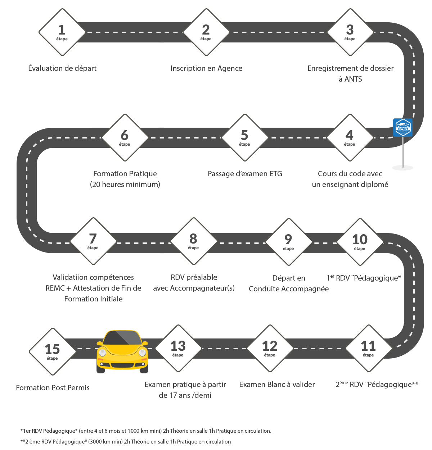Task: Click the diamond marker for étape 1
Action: (62, 32)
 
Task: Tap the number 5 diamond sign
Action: (244, 137)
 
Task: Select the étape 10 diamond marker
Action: (360, 241)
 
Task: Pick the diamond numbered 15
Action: (52, 351)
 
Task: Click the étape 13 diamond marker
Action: (178, 348)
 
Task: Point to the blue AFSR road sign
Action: (402, 127)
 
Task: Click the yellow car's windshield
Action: (122, 338)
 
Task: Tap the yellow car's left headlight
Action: (102, 353)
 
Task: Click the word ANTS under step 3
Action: (353, 79)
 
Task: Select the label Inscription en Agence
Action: (206, 68)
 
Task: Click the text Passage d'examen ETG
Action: (245, 174)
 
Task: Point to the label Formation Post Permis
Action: (53, 388)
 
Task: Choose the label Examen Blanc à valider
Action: (277, 385)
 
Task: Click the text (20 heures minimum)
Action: (125, 185)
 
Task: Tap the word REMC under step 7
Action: (55, 288)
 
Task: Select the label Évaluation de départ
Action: (62, 68)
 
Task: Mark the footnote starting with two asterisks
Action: (126, 441)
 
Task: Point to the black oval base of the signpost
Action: (402, 168)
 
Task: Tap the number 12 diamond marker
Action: (270, 348)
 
